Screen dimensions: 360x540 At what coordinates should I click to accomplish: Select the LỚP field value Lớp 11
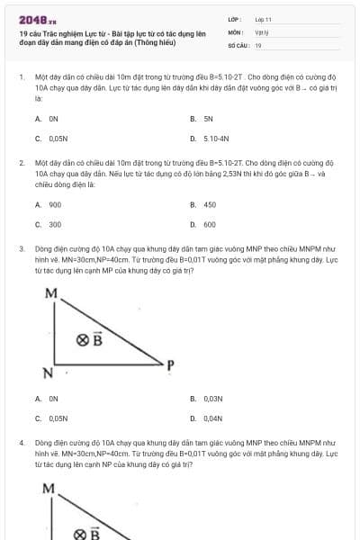tap(263, 18)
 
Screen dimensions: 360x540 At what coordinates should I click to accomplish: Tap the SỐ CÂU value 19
tap(258, 45)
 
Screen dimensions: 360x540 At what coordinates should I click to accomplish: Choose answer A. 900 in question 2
tap(49, 204)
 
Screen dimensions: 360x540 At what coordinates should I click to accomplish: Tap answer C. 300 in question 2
tap(49, 224)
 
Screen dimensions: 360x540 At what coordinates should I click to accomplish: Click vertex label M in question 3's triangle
tap(50, 293)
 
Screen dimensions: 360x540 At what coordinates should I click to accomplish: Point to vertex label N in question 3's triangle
tap(49, 371)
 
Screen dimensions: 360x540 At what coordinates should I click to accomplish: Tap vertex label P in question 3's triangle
tap(169, 364)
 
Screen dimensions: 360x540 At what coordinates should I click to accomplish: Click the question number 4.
tap(21, 444)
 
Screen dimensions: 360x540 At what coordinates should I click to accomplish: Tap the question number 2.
tap(21, 164)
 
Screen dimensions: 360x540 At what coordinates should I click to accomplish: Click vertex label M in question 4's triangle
tap(49, 489)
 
